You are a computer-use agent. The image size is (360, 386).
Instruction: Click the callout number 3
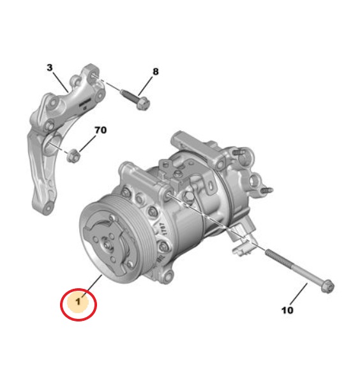point(50,67)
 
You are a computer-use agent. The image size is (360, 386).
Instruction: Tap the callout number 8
point(155,72)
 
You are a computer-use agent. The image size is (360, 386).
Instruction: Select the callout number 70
point(101,130)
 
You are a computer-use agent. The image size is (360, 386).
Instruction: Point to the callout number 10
point(287,310)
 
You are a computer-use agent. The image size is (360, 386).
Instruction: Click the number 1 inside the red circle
point(79,301)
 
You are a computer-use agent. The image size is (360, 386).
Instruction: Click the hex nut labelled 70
point(73,155)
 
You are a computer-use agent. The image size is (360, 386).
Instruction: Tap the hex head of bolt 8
point(142,104)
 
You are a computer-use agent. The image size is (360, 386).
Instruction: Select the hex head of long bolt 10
point(328,286)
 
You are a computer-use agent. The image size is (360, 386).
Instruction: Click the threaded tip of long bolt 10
point(269,252)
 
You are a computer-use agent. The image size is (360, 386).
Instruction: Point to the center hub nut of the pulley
point(107,245)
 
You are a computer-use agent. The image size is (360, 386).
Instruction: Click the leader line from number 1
point(92,286)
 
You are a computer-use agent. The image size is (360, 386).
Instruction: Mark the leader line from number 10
point(299,294)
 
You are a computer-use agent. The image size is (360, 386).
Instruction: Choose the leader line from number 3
point(60,82)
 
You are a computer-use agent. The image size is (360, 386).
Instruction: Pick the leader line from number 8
point(146,86)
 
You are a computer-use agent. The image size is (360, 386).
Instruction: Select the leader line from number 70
point(87,144)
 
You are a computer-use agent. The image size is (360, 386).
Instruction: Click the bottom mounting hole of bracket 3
point(48,208)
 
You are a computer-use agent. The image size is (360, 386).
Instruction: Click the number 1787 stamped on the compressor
point(163,229)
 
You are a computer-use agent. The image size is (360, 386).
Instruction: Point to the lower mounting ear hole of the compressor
point(168,275)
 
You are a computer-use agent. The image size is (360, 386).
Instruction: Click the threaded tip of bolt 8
point(123,92)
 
